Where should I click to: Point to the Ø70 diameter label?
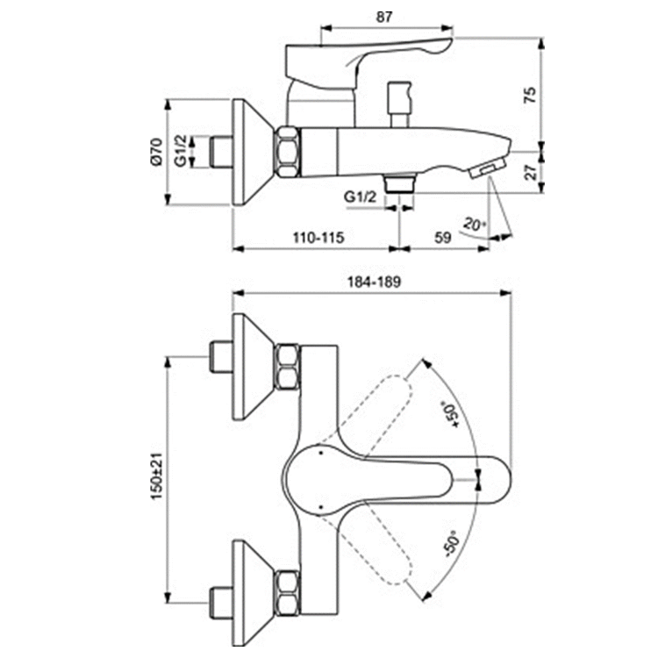pyautogui.click(x=155, y=151)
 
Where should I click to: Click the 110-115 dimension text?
pyautogui.click(x=317, y=238)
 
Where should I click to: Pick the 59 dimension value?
pyautogui.click(x=443, y=238)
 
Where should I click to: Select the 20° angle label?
pyautogui.click(x=475, y=225)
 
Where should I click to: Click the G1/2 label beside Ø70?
pyautogui.click(x=180, y=151)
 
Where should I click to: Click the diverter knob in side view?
pyautogui.click(x=400, y=94)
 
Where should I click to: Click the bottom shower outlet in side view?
pyautogui.click(x=400, y=183)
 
